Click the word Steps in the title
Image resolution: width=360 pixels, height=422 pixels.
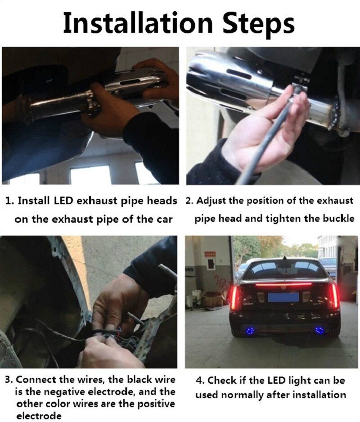[x=259, y=25]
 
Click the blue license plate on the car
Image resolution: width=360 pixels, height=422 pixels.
[x=283, y=297]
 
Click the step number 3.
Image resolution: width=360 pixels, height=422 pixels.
[x=9, y=380]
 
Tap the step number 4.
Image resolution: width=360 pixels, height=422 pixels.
[x=200, y=381]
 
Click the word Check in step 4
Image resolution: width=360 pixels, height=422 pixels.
[x=223, y=381]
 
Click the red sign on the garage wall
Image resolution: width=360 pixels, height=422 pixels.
[x=210, y=253]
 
